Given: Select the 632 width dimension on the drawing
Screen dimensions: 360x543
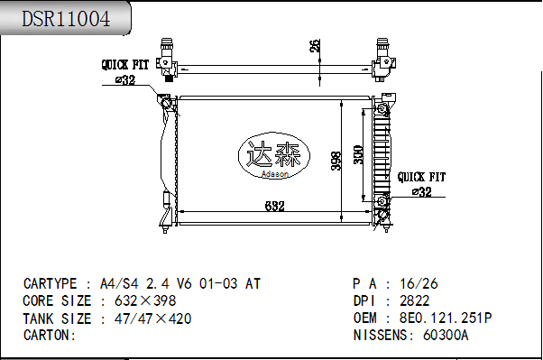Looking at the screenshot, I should point(275,207).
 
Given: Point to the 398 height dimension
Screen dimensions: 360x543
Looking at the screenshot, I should point(336,161).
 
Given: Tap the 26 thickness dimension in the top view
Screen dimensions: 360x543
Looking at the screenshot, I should point(314,46).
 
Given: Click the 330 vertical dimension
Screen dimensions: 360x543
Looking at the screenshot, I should point(358,154).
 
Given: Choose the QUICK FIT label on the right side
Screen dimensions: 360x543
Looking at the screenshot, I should point(421,177).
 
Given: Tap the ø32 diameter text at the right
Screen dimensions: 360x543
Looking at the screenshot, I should point(421,191).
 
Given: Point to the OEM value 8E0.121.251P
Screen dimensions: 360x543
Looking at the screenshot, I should point(445,318).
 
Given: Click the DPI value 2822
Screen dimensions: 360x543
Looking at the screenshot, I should point(414,300).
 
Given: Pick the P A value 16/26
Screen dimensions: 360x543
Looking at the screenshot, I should point(419,283).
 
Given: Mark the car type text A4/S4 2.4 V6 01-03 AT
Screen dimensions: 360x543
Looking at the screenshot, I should point(180,283).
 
